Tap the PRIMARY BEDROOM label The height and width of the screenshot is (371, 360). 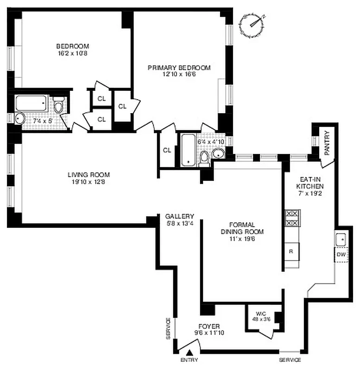point(179,68)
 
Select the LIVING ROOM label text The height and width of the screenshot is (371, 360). point(89,175)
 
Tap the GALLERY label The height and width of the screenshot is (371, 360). point(179,216)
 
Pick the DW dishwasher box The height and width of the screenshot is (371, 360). point(341,255)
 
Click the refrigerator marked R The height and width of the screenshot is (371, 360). point(291,251)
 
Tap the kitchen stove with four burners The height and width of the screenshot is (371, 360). point(292,218)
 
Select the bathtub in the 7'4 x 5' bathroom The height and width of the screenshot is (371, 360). point(31,103)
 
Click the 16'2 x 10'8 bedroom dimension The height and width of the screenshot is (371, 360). point(73,53)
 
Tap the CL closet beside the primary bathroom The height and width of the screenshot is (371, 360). point(167,150)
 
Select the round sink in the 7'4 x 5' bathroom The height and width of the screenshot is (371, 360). point(19,118)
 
